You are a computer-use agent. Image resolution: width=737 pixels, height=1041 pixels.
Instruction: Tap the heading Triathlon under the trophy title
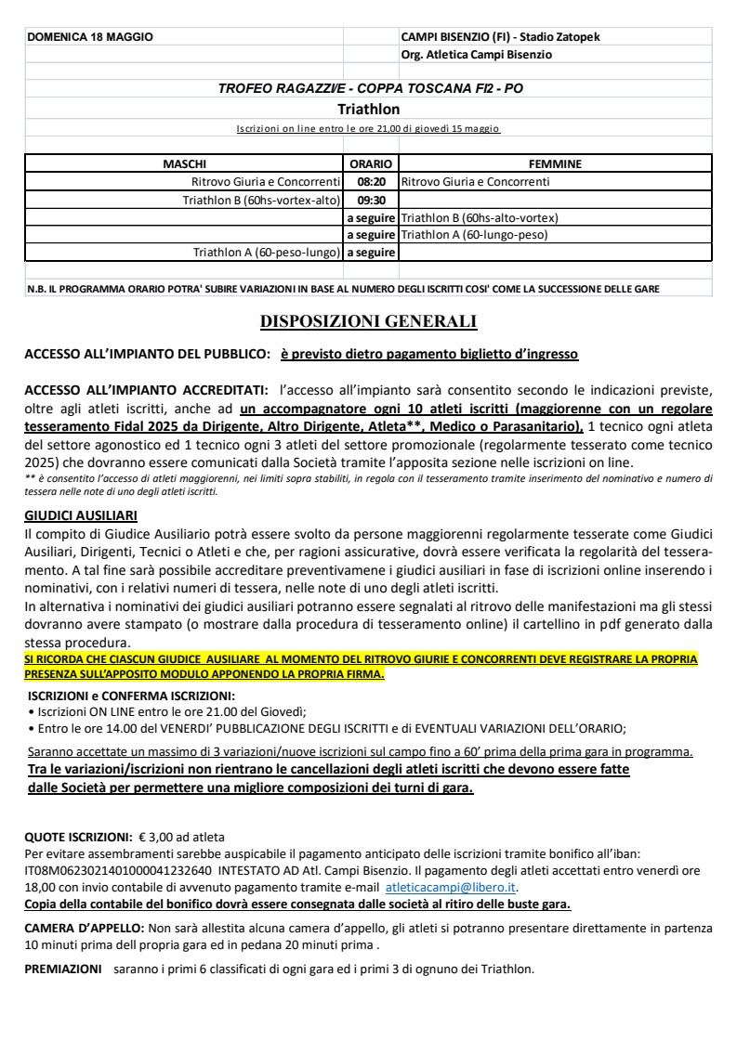tap(368, 109)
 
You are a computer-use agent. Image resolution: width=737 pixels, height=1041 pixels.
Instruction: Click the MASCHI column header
tap(184, 164)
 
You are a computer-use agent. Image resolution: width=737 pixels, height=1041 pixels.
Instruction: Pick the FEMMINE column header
tap(554, 164)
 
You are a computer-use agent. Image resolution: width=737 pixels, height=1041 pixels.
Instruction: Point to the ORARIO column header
tap(370, 164)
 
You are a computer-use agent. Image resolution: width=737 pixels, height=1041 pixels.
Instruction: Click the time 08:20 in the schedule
tap(371, 182)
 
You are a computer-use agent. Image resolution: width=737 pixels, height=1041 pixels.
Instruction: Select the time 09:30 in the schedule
tap(371, 200)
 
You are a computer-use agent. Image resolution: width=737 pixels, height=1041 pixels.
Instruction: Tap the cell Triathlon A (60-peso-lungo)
tap(267, 252)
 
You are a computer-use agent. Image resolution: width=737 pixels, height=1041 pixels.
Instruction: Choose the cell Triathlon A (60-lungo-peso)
tap(474, 235)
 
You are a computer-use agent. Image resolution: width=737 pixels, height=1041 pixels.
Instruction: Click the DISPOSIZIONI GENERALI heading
tap(368, 322)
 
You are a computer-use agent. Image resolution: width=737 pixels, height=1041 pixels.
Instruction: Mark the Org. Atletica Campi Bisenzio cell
tap(476, 55)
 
